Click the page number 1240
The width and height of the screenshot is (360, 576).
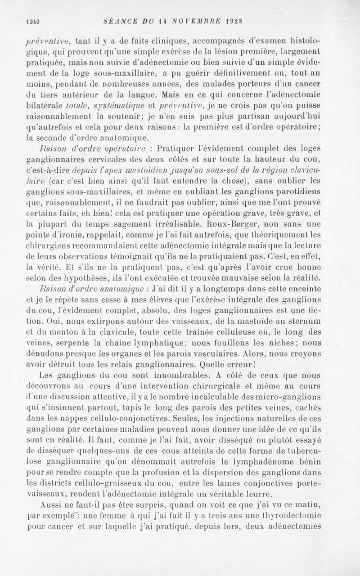point(33,21)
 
